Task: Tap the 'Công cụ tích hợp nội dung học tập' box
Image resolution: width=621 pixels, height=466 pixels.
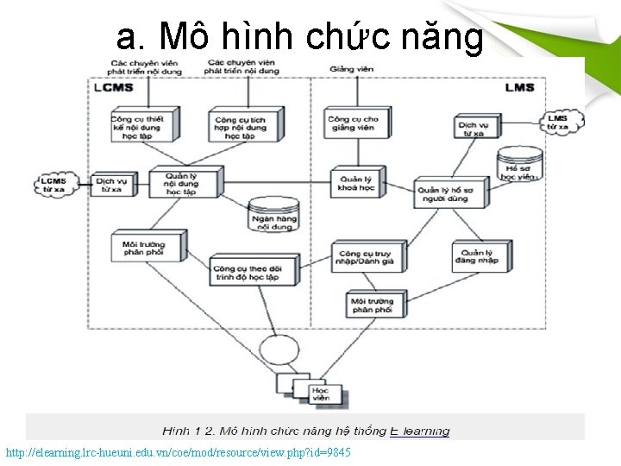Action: pos(245,125)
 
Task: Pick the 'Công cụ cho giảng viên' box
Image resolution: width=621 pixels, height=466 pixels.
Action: pos(354,122)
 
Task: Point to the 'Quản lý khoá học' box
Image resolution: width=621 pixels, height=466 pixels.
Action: pos(356,183)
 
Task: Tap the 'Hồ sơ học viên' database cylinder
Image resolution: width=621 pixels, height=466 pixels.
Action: pos(519,165)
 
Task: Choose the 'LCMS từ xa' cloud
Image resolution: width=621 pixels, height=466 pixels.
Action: pos(54,185)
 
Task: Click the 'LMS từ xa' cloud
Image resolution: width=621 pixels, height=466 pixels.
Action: pos(559,122)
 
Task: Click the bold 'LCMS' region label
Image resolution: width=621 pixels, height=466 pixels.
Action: pos(114,87)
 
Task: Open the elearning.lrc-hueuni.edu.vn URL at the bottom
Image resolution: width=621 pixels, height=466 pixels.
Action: pos(178,453)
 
